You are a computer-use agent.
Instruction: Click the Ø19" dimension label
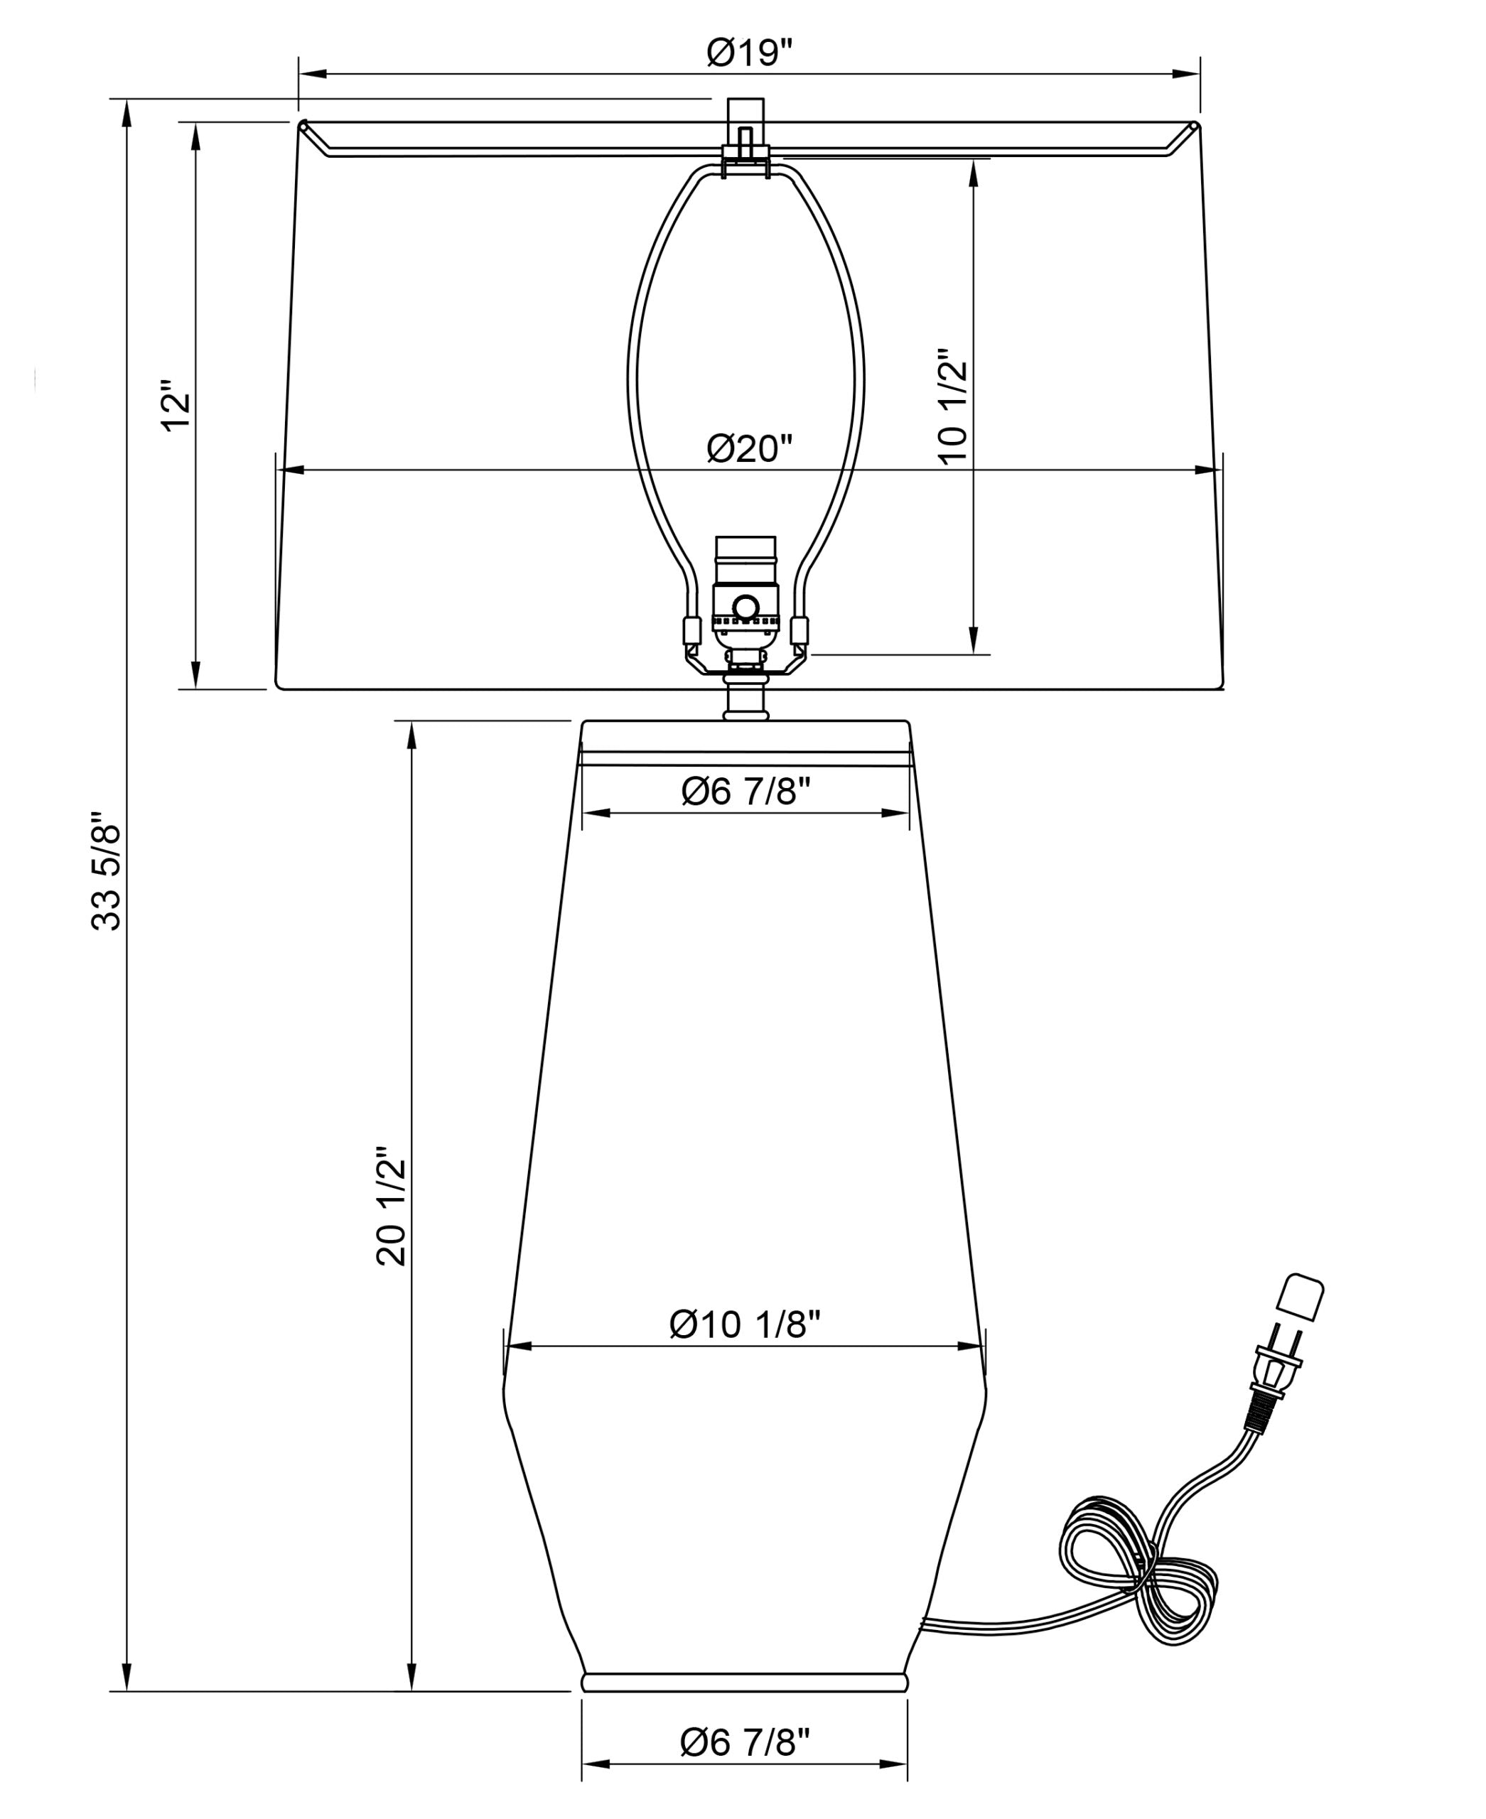point(750,53)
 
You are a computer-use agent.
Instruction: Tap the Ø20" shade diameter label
point(750,448)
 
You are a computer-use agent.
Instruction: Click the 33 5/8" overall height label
point(108,870)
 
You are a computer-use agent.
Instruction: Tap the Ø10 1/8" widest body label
point(745,1325)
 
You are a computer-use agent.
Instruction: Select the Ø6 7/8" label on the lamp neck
point(745,792)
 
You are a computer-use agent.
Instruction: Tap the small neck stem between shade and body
point(745,698)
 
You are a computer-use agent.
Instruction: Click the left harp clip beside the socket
point(691,631)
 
